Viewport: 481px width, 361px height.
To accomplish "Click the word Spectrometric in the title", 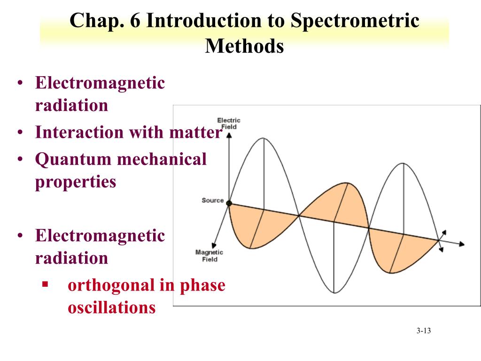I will click(x=355, y=22).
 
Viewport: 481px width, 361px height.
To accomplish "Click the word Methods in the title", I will click(x=244, y=46).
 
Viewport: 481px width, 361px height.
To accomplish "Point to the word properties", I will click(x=75, y=182).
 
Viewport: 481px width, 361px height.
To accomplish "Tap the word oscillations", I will click(x=111, y=307).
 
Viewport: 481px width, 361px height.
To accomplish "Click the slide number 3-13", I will click(x=423, y=331).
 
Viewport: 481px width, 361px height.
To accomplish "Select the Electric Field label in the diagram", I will click(x=229, y=123).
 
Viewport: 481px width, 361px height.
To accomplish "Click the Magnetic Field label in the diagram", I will click(x=209, y=256).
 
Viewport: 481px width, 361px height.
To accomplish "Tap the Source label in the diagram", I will click(x=213, y=200).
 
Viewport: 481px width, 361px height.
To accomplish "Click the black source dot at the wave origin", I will click(x=229, y=203).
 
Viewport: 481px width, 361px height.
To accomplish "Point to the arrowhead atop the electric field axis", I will click(x=229, y=135).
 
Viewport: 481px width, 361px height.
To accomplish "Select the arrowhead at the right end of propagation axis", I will click(x=462, y=244).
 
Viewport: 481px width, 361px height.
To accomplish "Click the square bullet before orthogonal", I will click(x=45, y=284).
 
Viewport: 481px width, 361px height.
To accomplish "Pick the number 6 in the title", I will click(x=136, y=22).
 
